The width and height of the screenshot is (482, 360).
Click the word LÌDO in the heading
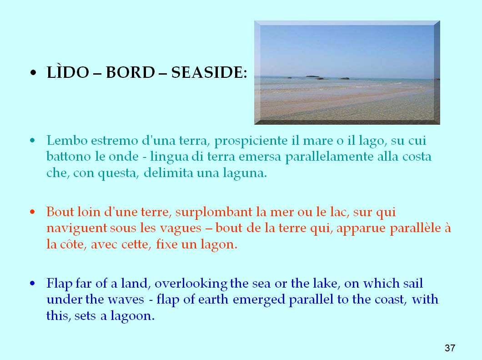68,72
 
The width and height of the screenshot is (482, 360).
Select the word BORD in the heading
131,73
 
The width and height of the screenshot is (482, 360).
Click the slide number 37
450,348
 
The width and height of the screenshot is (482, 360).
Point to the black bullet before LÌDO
33,74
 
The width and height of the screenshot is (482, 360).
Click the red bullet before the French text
33,212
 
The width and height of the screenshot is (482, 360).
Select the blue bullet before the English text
33,284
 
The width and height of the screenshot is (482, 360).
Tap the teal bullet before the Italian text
33,141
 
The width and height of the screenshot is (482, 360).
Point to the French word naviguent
77,229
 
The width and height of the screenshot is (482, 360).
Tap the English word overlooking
191,284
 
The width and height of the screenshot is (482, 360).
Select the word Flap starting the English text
59,284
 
